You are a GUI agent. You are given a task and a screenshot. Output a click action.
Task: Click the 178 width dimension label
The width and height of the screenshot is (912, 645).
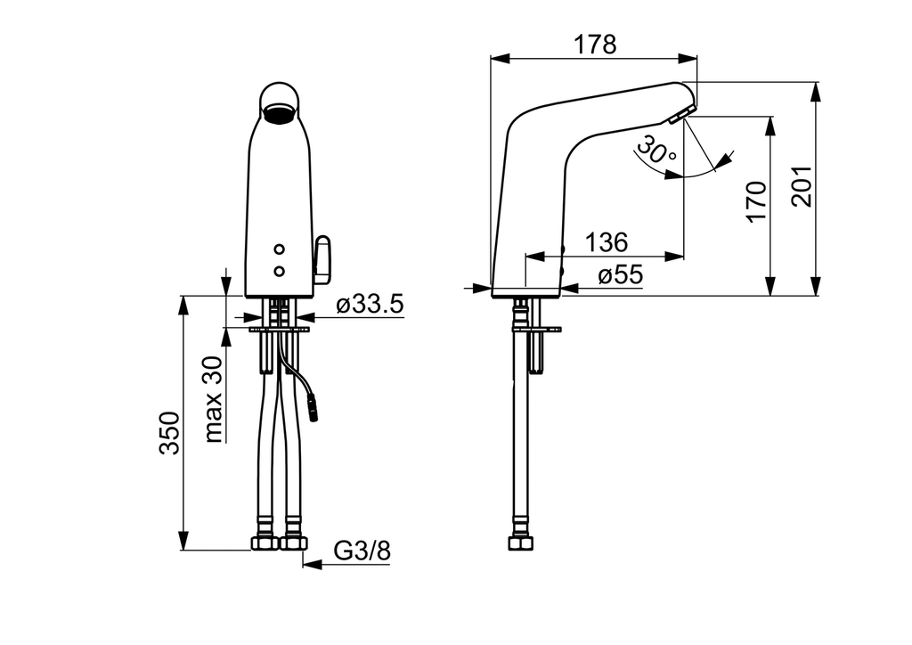tap(594, 45)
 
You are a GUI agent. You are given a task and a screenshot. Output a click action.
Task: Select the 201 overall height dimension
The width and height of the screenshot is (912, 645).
tap(802, 186)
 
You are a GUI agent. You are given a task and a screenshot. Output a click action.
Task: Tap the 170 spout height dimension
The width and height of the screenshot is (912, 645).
tap(757, 201)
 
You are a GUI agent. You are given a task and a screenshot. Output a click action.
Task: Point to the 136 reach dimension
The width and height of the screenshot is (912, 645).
tap(606, 242)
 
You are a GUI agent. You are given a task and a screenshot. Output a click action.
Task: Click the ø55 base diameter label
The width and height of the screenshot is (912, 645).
tap(620, 274)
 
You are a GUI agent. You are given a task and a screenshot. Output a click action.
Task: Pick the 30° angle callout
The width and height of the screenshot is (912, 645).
tap(656, 151)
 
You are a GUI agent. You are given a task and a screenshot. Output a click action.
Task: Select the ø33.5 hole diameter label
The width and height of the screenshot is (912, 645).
tap(370, 304)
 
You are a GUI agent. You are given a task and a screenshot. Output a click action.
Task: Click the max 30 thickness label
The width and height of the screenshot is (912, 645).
tap(214, 398)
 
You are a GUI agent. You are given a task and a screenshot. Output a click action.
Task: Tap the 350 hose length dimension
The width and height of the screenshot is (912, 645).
tap(170, 433)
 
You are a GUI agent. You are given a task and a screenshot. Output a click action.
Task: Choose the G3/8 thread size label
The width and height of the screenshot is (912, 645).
tap(362, 551)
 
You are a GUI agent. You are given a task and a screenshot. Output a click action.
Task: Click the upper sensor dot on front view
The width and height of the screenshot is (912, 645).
tap(280, 249)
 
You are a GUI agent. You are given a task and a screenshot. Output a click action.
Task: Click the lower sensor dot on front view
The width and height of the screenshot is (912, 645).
tap(280, 271)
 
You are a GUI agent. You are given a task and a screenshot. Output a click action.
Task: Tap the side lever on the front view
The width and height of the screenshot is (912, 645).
tap(322, 260)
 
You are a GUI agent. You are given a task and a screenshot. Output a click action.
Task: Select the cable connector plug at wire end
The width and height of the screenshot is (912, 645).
tap(313, 408)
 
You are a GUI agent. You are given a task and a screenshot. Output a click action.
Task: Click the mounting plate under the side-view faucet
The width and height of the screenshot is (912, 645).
tap(536, 330)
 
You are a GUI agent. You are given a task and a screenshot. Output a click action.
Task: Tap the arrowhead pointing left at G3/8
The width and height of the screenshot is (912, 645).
tap(313, 564)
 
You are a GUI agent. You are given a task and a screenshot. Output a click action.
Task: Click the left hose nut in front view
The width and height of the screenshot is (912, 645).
tap(265, 543)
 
